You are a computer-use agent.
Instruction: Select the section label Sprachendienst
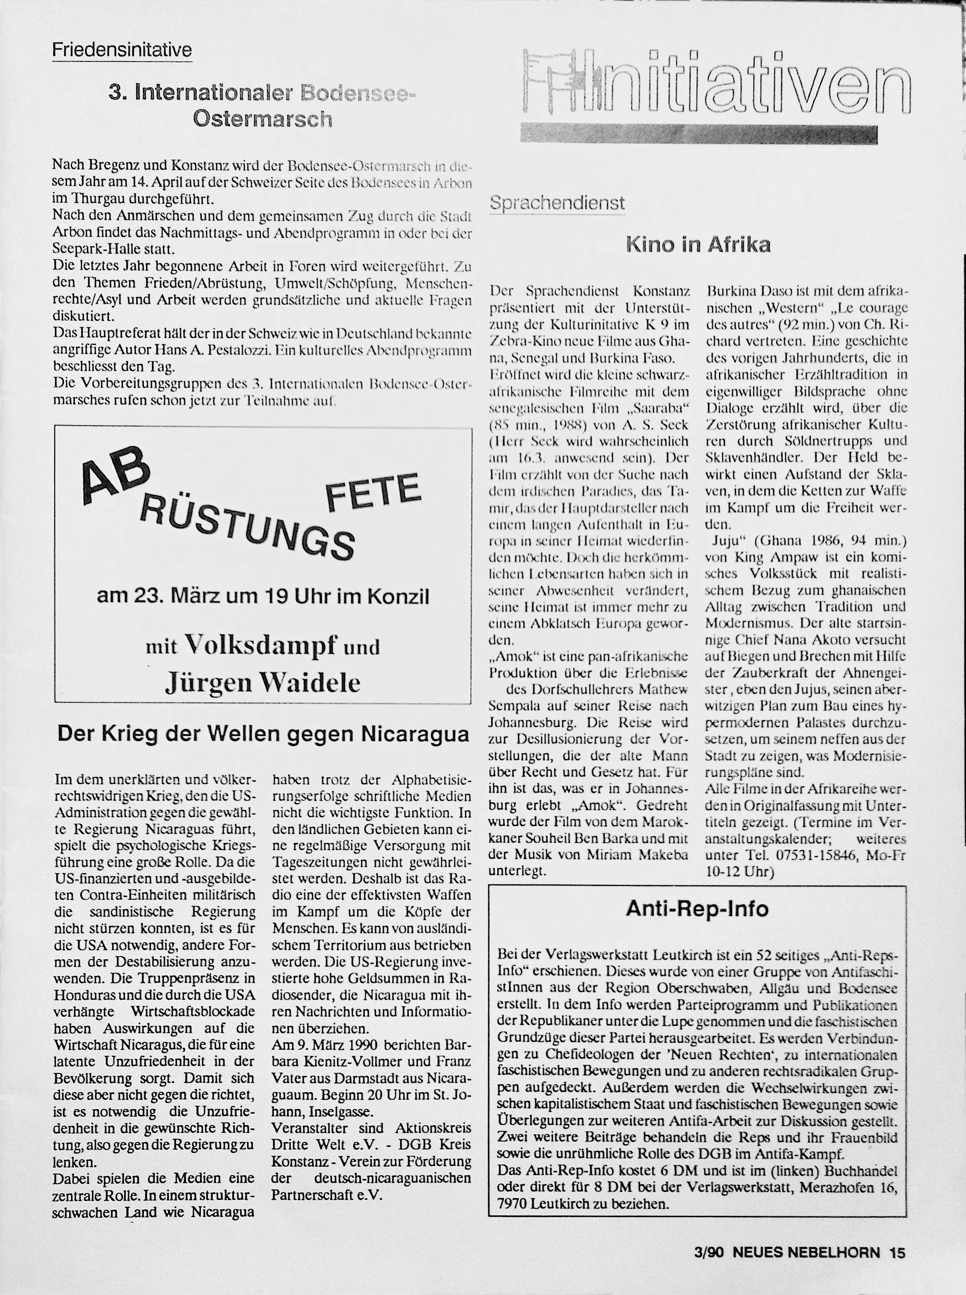(x=557, y=203)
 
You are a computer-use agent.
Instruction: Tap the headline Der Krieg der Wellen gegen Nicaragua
(x=263, y=734)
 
